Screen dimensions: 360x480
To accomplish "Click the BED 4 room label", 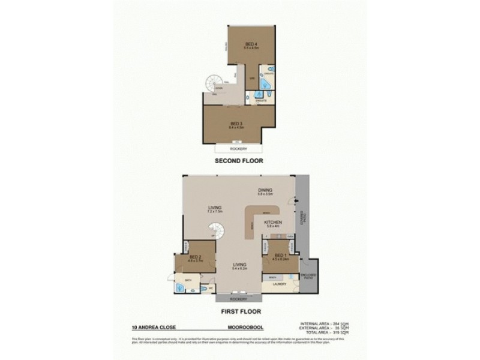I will point(251,44).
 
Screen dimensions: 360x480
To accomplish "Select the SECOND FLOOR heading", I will point(240,161).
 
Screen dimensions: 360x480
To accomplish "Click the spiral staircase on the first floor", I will point(219,231).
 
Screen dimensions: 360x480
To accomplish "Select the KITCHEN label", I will point(273,223).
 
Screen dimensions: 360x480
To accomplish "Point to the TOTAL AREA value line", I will point(324,332).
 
